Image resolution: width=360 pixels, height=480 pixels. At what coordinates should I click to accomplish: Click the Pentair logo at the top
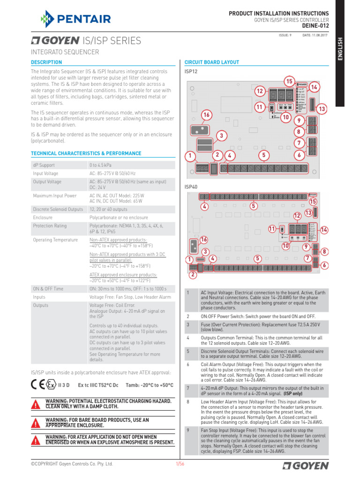click(x=75, y=19)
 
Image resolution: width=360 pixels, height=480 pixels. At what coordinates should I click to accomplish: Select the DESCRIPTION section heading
click(x=46, y=62)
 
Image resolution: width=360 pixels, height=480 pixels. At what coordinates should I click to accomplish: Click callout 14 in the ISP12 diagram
click(x=314, y=88)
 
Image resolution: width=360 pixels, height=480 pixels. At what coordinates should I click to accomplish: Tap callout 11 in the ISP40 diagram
click(x=272, y=228)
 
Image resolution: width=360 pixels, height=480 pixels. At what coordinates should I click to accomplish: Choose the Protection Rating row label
click(x=50, y=225)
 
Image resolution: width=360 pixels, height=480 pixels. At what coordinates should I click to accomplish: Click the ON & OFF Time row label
click(x=47, y=288)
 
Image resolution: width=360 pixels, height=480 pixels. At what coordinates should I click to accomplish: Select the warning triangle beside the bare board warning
click(x=36, y=423)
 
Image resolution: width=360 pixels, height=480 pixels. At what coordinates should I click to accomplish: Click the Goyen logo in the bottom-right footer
click(x=306, y=465)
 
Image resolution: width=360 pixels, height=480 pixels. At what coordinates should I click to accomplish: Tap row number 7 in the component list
click(x=187, y=388)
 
